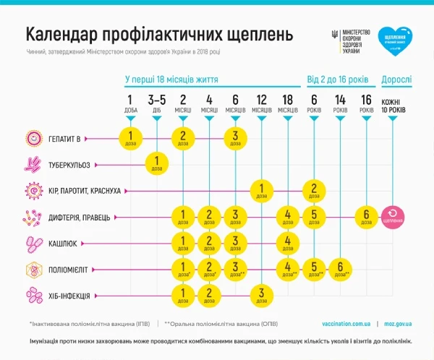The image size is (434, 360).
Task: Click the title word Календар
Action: pyautogui.click(x=68, y=35)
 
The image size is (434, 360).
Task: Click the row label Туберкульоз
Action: pyautogui.click(x=69, y=164)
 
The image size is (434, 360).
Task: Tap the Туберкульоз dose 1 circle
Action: pyautogui.click(x=157, y=164)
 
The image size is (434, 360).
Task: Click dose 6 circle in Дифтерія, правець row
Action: pyautogui.click(x=367, y=215)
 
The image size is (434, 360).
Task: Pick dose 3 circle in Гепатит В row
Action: pyautogui.click(x=235, y=137)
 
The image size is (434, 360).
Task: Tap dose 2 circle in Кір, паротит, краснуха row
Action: pyautogui.click(x=314, y=190)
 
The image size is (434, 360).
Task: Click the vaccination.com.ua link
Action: pyautogui.click(x=346, y=323)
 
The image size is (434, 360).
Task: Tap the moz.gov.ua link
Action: pyautogui.click(x=398, y=323)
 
